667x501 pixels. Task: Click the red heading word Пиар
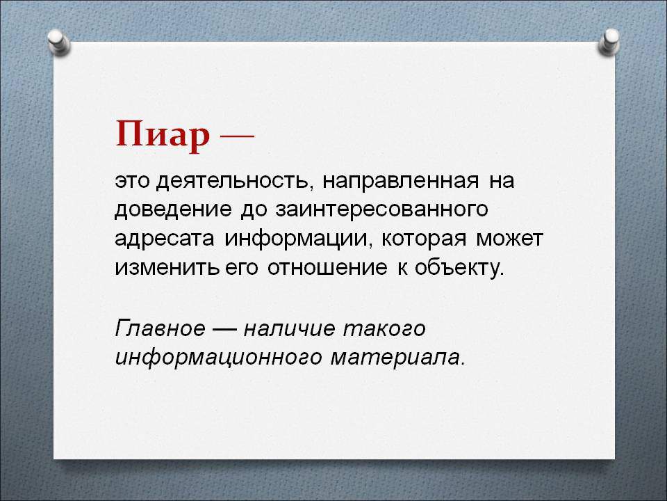pyautogui.click(x=163, y=136)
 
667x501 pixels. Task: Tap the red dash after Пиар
pyautogui.click(x=237, y=136)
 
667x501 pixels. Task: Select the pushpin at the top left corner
pyautogui.click(x=58, y=41)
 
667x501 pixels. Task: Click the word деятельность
pyautogui.click(x=232, y=182)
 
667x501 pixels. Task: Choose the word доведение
pyautogui.click(x=173, y=210)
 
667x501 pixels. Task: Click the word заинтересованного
pyautogui.click(x=381, y=210)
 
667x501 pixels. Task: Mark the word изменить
pyautogui.click(x=167, y=268)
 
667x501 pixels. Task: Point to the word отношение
pyautogui.click(x=327, y=268)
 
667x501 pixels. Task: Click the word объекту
pyautogui.click(x=459, y=267)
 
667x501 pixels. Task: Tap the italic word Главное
pyautogui.click(x=160, y=328)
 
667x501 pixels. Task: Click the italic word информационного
pyautogui.click(x=218, y=358)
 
